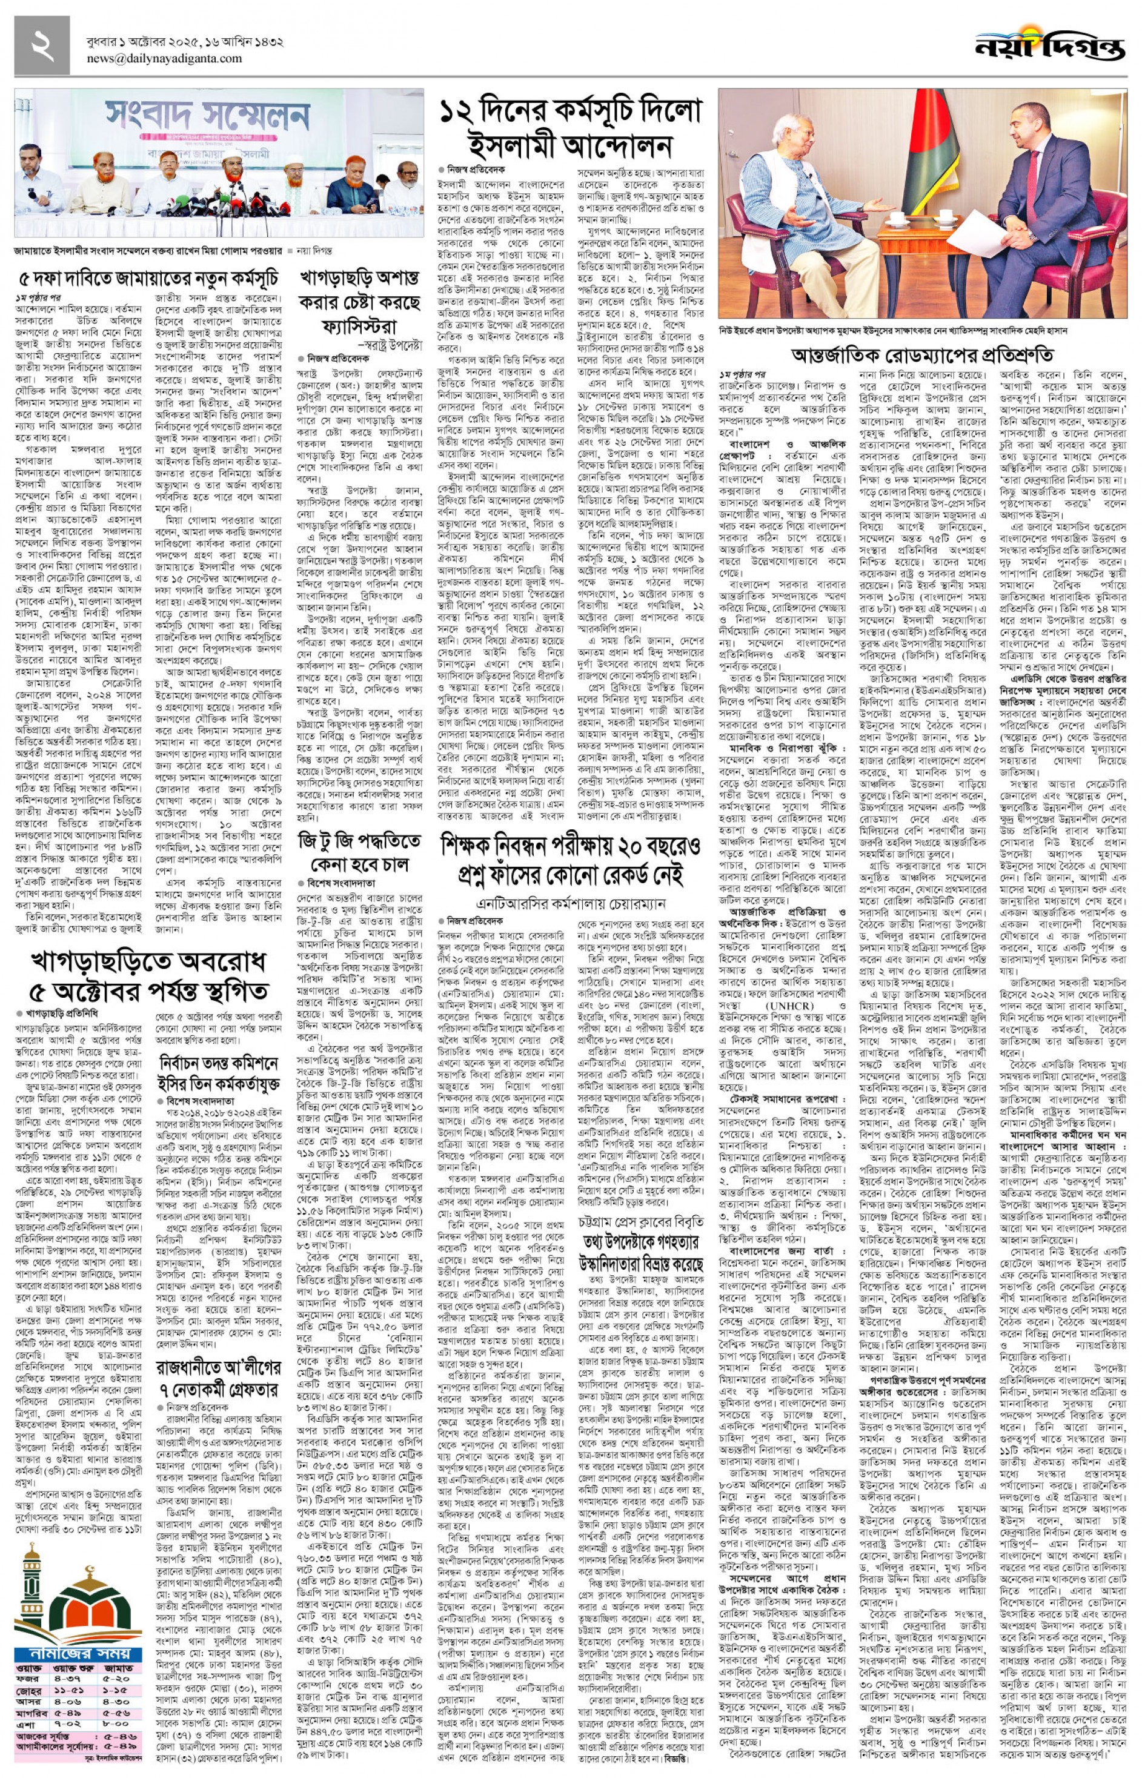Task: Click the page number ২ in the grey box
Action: [x=42, y=46]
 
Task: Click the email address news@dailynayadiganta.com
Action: [x=164, y=59]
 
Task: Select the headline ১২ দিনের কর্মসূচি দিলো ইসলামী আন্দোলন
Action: [x=569, y=127]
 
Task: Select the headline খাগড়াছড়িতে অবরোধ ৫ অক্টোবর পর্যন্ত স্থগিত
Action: [x=148, y=975]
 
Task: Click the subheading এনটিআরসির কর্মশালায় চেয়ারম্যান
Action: [x=570, y=904]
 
